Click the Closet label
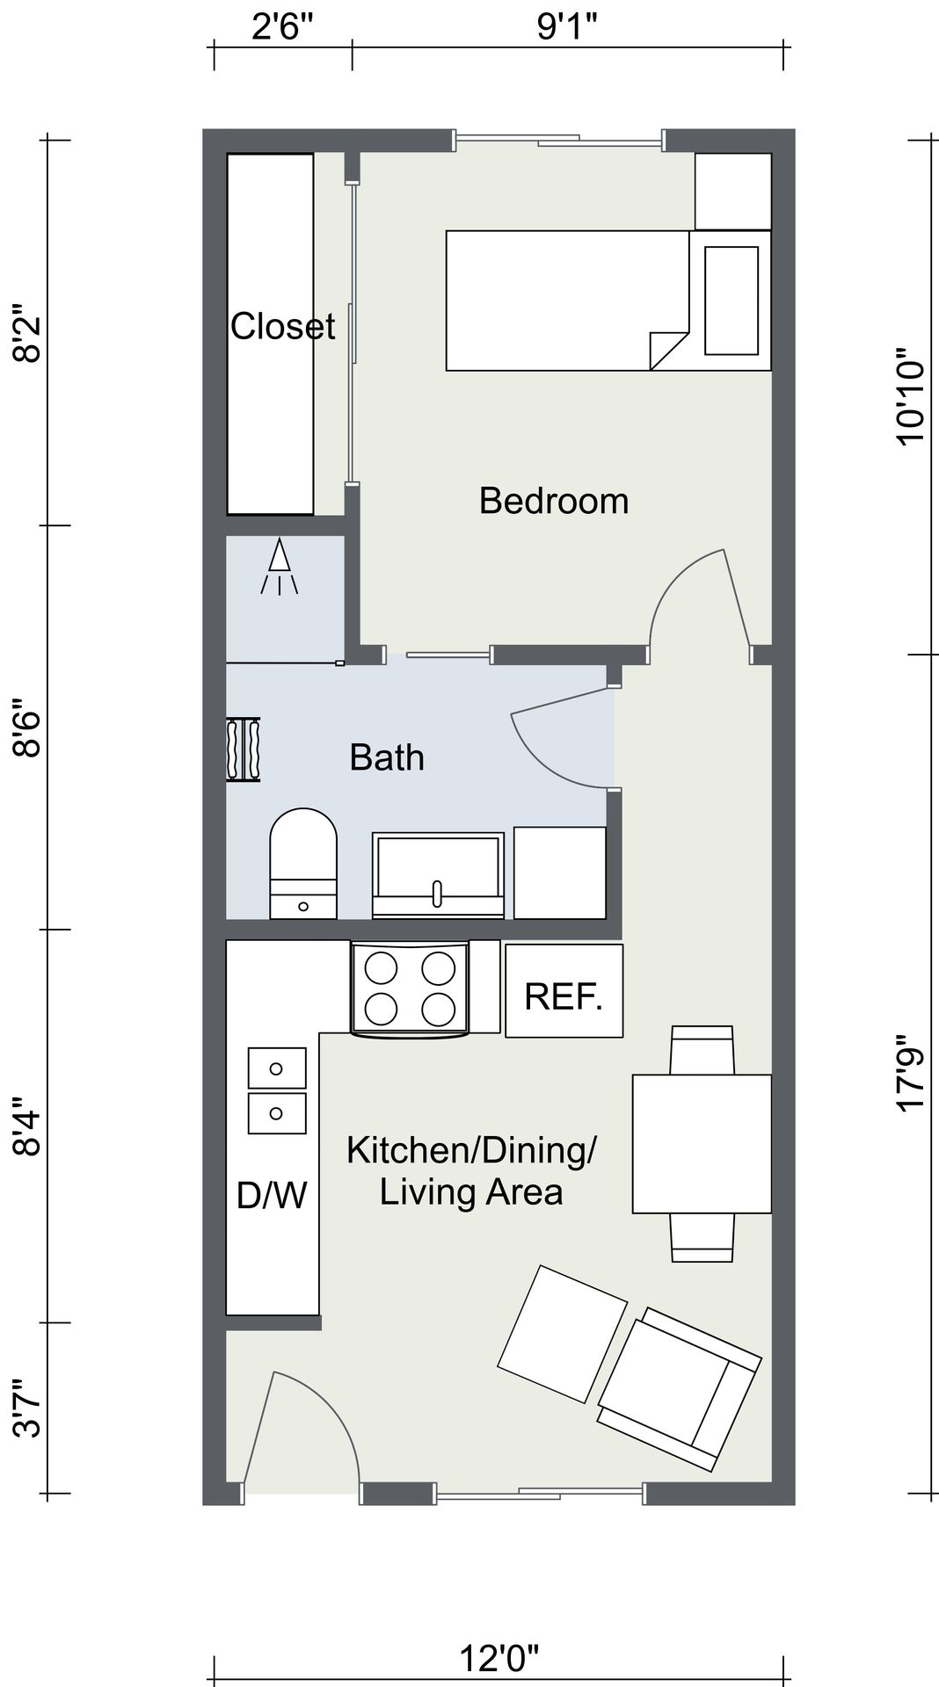tap(282, 326)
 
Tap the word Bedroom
tap(554, 501)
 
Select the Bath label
tap(387, 757)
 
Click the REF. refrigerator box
tap(564, 990)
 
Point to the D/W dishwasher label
tap(272, 1195)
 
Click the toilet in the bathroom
tap(303, 864)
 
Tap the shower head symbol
tap(280, 567)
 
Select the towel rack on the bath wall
tap(244, 749)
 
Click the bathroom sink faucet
tap(437, 893)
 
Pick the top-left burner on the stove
tap(381, 968)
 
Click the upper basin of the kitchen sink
tap(277, 1068)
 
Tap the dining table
tap(702, 1144)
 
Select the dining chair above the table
tap(702, 1050)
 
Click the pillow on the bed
tap(732, 300)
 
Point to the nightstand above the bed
tap(733, 192)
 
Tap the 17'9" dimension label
tap(912, 1080)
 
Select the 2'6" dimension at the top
tap(283, 27)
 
